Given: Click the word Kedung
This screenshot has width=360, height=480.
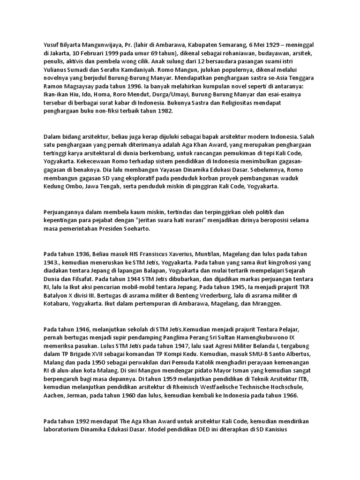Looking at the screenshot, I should pyautogui.click(x=54, y=186).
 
